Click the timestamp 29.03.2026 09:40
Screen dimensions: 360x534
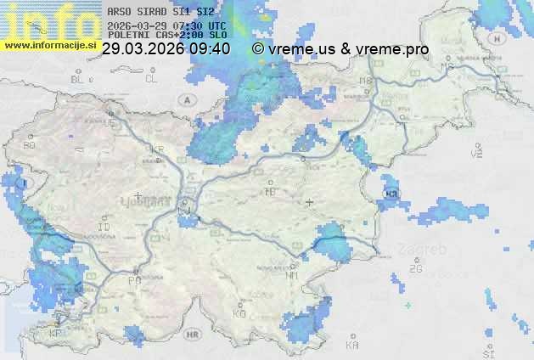tap(165, 49)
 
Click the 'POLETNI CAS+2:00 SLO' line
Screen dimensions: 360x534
tap(167, 35)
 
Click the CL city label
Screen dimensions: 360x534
tap(151, 79)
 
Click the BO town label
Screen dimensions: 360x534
tap(30, 146)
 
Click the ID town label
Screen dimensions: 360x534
tap(104, 228)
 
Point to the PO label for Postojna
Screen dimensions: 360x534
tap(134, 280)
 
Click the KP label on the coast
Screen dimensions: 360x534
tap(56, 333)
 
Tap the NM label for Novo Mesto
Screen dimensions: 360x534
tap(292, 275)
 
